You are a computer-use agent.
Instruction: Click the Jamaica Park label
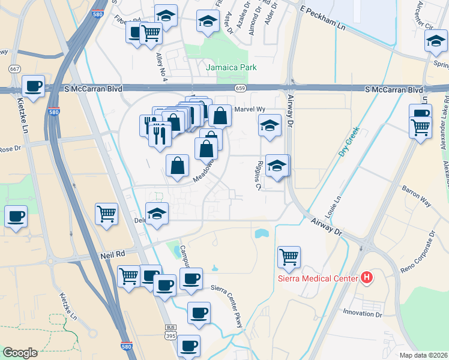click(231, 67)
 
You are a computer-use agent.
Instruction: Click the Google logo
click(20, 353)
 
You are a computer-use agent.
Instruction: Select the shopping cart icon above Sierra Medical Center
click(289, 257)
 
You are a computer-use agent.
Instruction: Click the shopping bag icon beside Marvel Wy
click(220, 115)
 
